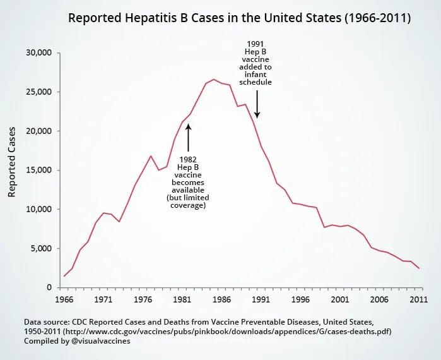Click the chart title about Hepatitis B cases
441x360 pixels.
click(239, 18)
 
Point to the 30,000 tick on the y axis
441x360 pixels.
click(38, 52)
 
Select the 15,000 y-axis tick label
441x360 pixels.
click(38, 170)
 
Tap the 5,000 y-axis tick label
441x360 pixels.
click(40, 248)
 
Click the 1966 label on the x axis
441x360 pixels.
click(64, 300)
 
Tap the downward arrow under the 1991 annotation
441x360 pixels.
click(257, 104)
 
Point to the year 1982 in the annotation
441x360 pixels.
click(189, 159)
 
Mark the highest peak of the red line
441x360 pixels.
click(214, 80)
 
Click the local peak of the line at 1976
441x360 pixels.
click(151, 156)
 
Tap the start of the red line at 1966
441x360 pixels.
click(64, 276)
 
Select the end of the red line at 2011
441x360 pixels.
click(418, 268)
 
